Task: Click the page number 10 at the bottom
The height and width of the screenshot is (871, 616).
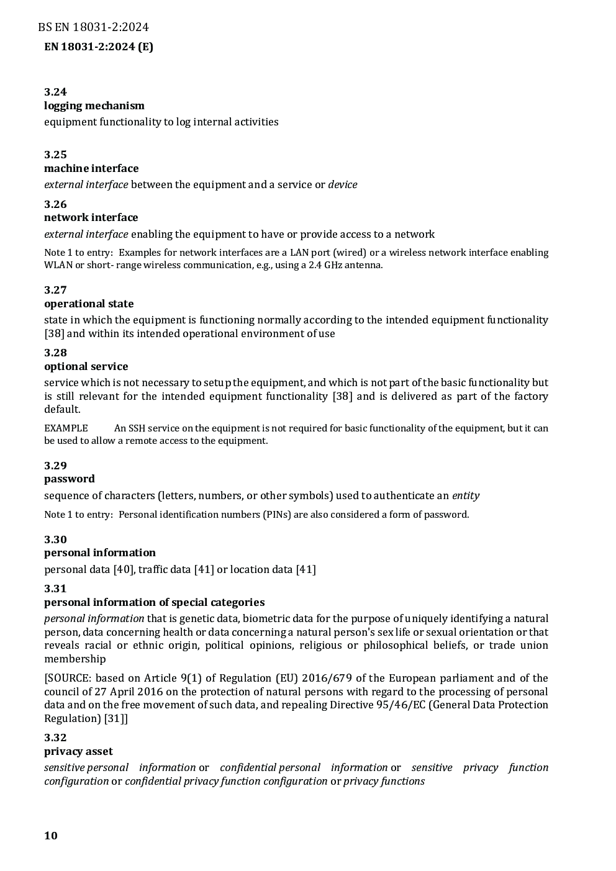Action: (x=51, y=835)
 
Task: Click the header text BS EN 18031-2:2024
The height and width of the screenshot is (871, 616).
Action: (x=93, y=27)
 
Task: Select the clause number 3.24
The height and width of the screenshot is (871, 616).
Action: (x=55, y=92)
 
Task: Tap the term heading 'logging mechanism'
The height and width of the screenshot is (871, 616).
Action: (x=94, y=106)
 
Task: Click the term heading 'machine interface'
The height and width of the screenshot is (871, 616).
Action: (x=91, y=168)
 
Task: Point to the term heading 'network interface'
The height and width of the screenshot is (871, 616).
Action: (x=91, y=217)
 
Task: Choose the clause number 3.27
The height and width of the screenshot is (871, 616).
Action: (x=55, y=290)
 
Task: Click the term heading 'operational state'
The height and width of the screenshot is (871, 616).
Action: (x=89, y=304)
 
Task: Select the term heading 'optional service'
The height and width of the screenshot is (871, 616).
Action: (x=86, y=366)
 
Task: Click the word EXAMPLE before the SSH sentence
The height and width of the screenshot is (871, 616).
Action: (x=66, y=428)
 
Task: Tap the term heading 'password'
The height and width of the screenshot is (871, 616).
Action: (x=70, y=479)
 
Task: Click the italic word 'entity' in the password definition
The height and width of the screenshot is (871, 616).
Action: (x=466, y=495)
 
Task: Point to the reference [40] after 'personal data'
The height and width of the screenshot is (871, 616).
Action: (x=124, y=569)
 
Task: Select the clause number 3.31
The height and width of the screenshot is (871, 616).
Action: (x=55, y=589)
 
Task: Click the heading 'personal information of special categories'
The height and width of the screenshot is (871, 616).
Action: (x=154, y=602)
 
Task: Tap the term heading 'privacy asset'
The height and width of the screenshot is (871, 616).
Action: (x=78, y=751)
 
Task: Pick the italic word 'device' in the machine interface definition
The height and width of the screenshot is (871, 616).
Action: (x=343, y=184)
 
